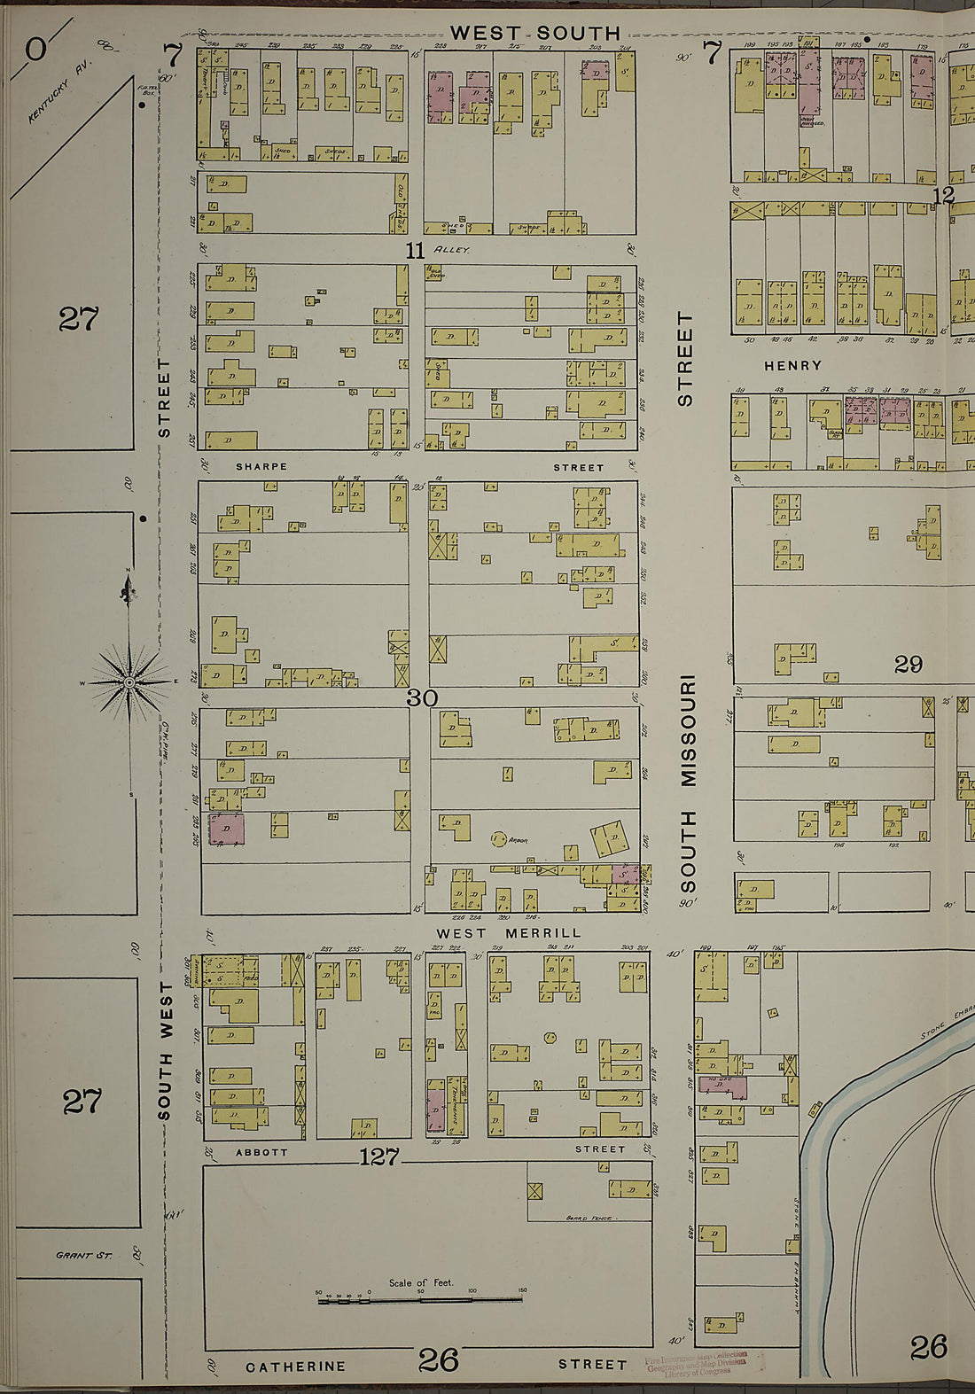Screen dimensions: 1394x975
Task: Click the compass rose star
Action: click(129, 681)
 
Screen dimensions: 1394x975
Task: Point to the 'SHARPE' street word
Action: click(261, 467)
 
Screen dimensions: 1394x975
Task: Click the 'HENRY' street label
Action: click(792, 365)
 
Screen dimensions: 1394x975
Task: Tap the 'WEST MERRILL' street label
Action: click(509, 933)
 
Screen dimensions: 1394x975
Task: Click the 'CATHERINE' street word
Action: click(295, 1367)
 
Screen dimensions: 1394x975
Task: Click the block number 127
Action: click(379, 1156)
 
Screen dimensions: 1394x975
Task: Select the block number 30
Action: click(422, 698)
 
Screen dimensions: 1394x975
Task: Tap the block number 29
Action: click(908, 664)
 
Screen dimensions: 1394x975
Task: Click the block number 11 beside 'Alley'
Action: click(415, 251)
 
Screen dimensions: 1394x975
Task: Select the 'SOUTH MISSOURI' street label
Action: click(689, 784)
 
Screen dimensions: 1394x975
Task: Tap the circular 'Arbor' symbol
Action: click(498, 838)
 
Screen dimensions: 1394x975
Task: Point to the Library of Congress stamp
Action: click(697, 1363)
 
